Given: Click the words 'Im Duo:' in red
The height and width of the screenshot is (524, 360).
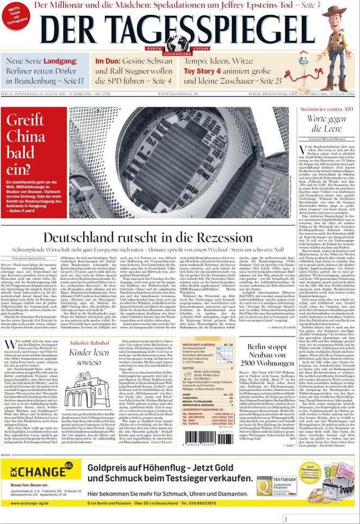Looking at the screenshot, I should coord(107,61).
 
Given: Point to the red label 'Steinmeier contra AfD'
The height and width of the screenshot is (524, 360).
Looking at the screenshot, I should coord(326,109).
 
